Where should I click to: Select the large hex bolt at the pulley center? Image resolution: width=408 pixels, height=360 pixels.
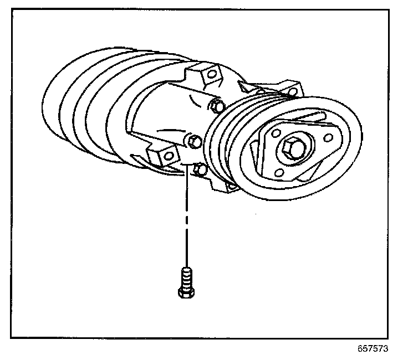pos(292,148)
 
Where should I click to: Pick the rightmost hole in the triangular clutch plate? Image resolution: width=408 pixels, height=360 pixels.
pos(328,137)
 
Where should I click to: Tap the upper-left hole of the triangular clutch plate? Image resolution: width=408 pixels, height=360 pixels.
pos(276,133)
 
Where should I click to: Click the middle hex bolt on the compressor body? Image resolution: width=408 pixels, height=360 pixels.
pos(193,142)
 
